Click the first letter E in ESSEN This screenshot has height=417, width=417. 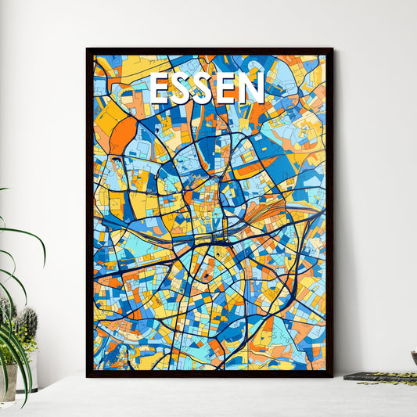pos(159,88)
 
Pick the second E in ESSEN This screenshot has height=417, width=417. pos(228,88)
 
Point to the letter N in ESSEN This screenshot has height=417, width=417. pos(252,88)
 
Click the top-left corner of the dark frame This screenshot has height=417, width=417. pos(88,49)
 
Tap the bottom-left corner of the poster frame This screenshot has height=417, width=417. pos(88,376)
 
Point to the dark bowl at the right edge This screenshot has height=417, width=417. pos(413,358)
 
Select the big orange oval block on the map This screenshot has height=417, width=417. pos(122,135)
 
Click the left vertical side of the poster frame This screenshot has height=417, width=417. pos(89,211)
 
